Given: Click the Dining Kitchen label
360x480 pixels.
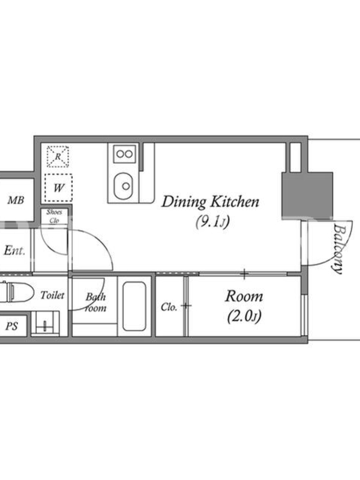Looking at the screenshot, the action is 211,202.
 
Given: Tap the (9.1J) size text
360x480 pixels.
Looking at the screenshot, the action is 212,222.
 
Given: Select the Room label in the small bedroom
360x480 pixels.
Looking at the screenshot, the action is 244,296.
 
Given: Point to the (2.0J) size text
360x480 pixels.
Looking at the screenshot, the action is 244,317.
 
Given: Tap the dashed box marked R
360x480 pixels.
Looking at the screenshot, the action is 58,157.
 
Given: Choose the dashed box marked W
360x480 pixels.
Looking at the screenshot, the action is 58,188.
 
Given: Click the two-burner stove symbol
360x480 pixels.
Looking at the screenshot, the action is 125,154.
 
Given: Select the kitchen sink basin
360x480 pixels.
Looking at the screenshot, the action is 124,186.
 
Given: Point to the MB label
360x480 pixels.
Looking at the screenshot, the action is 16,200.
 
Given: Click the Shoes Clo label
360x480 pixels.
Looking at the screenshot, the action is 54,216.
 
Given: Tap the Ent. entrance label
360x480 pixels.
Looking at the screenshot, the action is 14,251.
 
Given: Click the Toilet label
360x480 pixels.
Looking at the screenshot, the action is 52,295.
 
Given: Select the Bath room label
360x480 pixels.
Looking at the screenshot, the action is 95,302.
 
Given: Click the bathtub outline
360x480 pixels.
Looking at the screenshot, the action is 134,306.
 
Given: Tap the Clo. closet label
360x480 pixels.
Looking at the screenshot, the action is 169,307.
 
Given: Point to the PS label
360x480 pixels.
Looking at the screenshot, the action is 11,326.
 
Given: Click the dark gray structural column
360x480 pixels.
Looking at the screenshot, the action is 307,194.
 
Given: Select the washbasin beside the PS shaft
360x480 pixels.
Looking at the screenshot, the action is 46,323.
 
